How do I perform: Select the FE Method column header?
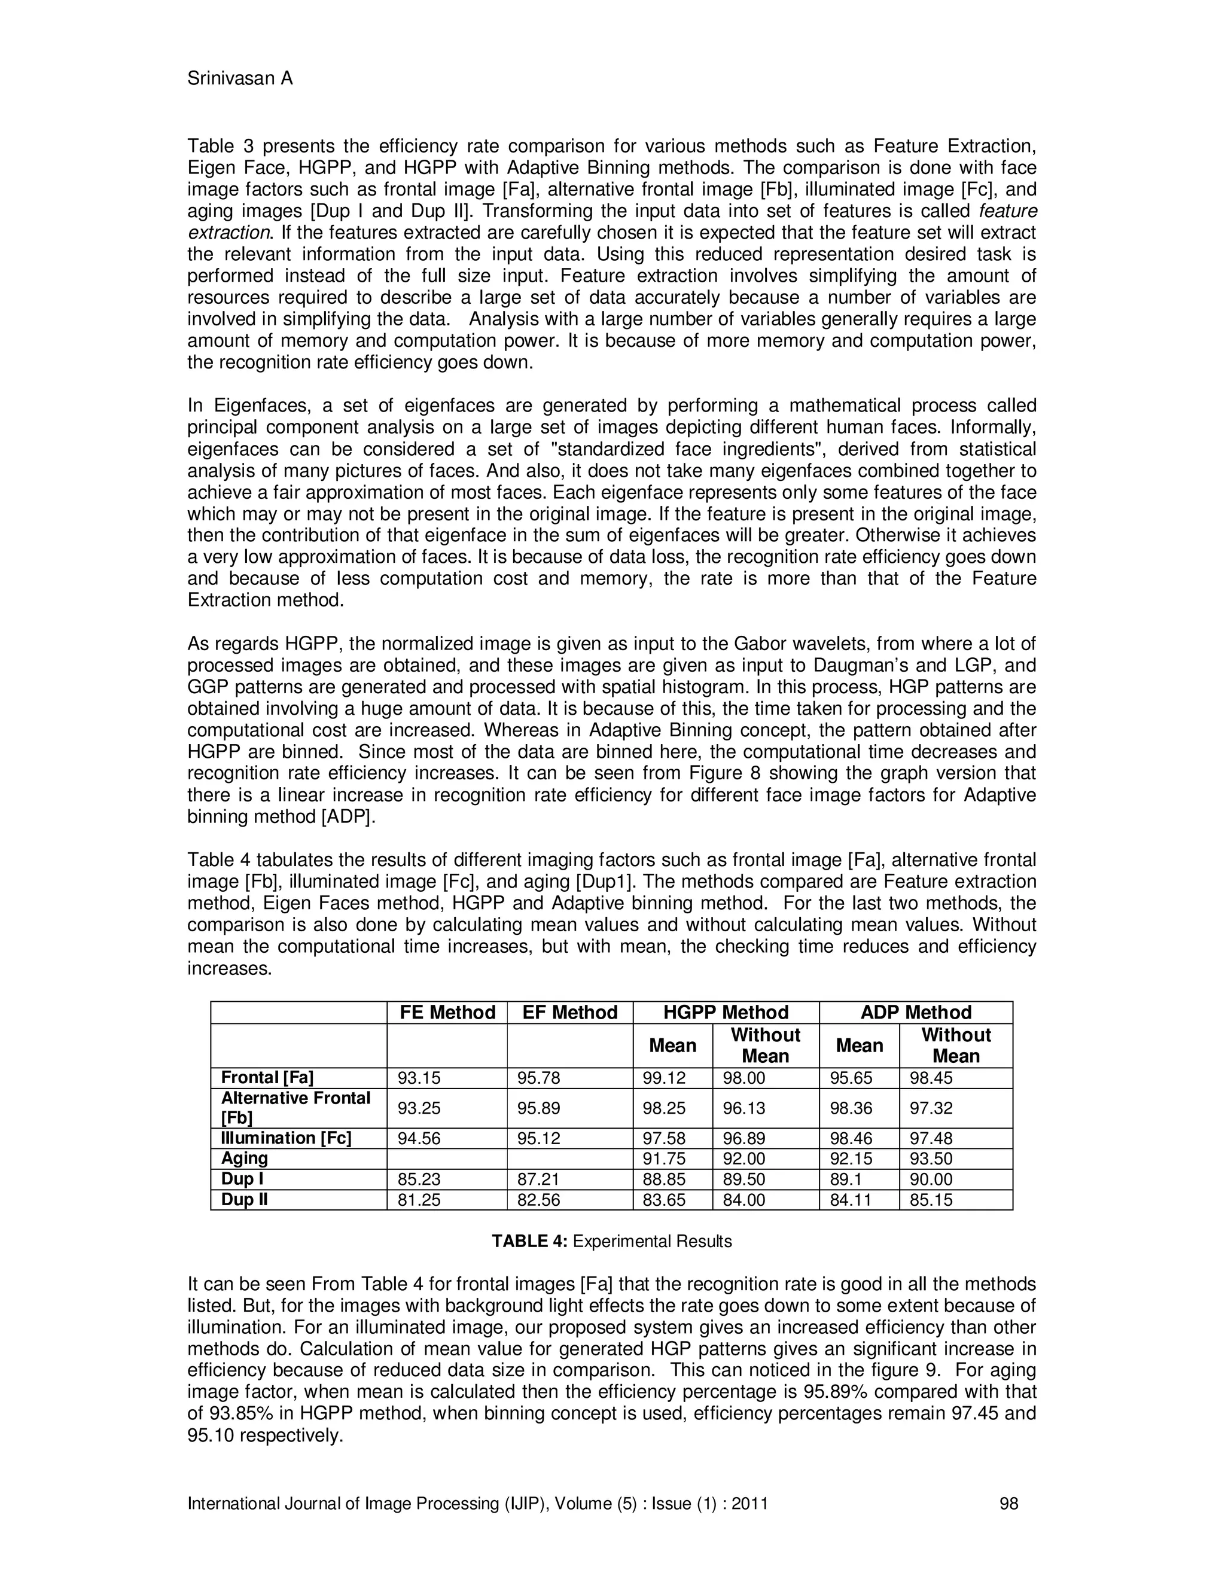(447, 1013)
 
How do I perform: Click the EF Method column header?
(569, 1013)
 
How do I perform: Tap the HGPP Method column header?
(726, 1013)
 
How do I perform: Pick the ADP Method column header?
(916, 1013)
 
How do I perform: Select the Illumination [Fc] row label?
(286, 1138)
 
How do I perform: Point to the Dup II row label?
(245, 1200)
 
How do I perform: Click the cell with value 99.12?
(664, 1078)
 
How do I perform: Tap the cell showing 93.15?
(419, 1078)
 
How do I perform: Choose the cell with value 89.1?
(847, 1179)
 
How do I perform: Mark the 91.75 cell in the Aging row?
(664, 1159)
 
